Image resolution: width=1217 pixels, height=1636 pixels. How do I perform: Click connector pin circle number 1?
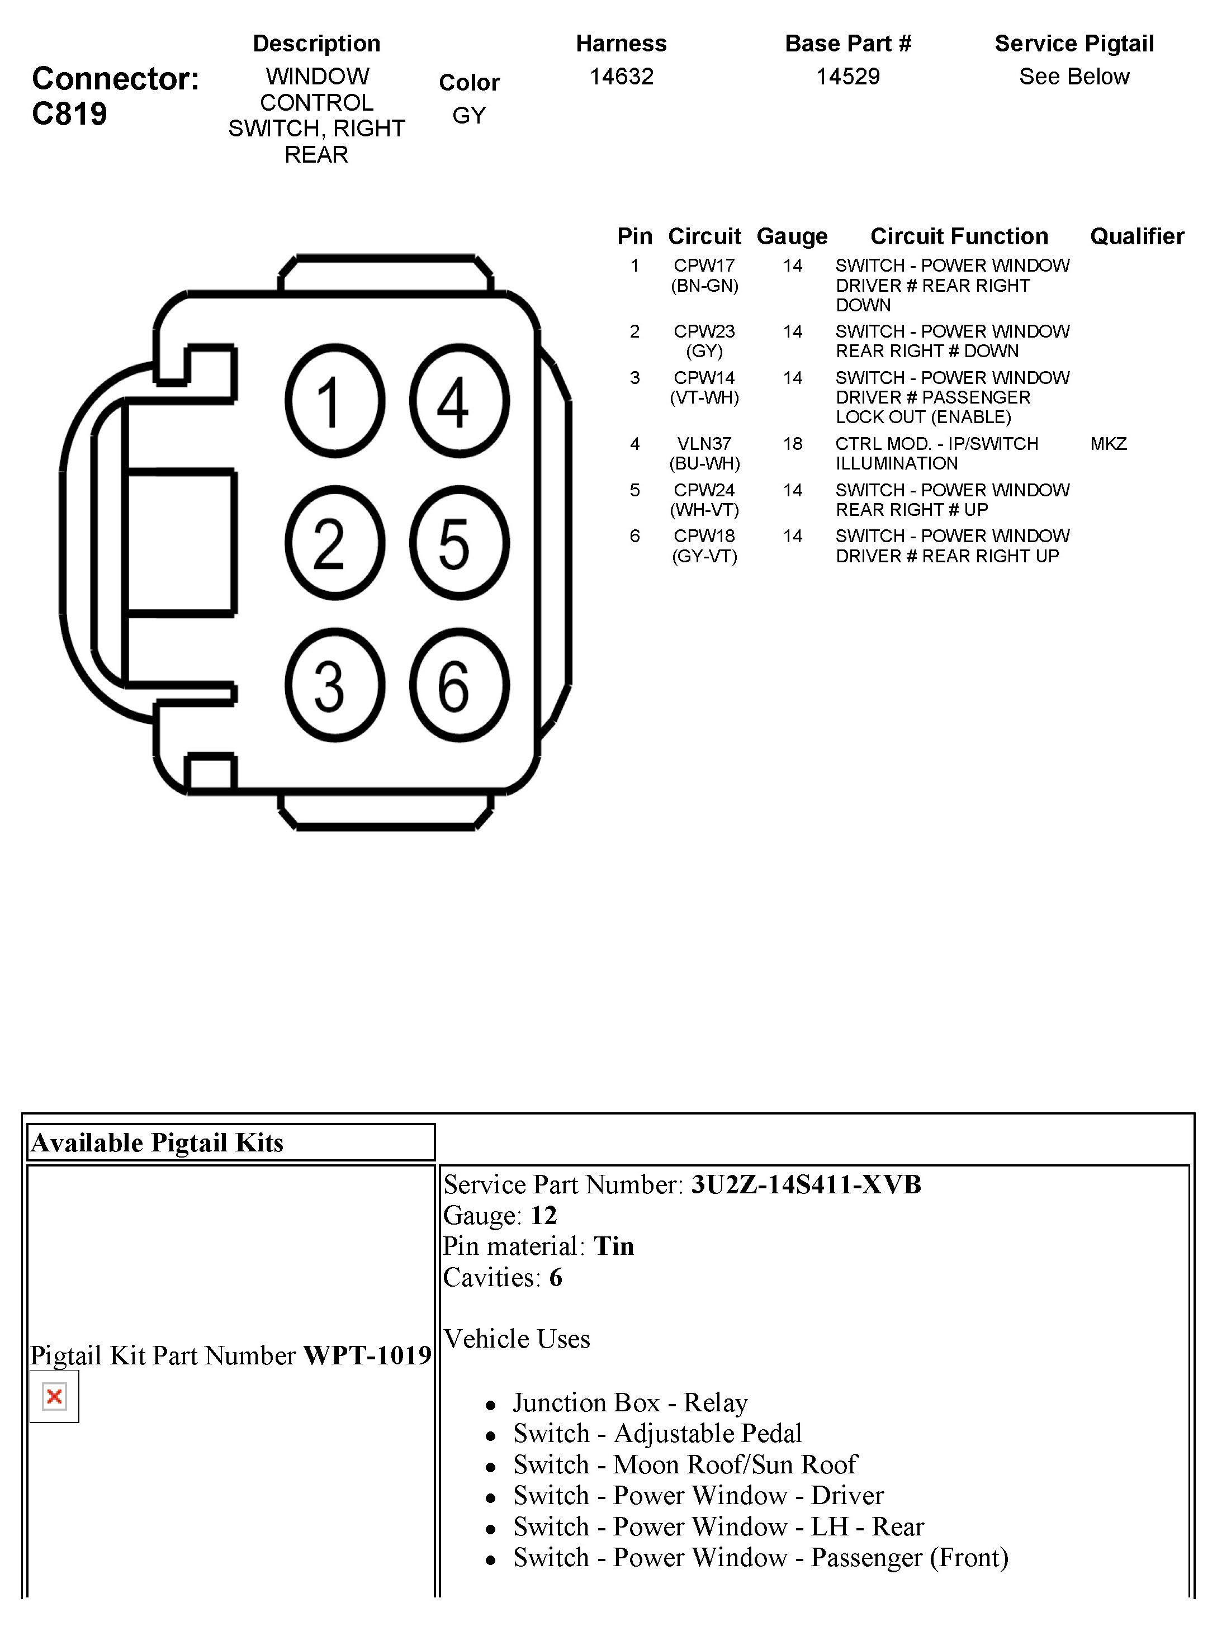click(x=334, y=401)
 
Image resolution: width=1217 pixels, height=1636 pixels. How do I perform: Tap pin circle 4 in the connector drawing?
click(x=459, y=401)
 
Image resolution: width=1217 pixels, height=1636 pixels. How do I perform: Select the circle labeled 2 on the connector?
click(x=334, y=543)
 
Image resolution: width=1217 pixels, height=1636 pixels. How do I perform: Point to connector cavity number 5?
click(x=459, y=543)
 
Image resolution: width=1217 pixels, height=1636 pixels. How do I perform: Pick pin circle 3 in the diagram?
click(x=334, y=685)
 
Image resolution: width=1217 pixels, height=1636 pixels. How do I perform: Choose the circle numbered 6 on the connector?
click(x=459, y=685)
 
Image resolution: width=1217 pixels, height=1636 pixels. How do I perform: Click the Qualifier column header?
click(x=1137, y=236)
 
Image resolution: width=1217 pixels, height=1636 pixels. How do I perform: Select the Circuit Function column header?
click(x=958, y=236)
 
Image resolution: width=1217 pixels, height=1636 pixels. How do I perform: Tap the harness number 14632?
click(x=621, y=76)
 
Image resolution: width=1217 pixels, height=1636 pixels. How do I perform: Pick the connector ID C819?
click(x=69, y=113)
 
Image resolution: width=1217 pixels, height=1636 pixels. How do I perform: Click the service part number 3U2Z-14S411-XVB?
click(x=805, y=1184)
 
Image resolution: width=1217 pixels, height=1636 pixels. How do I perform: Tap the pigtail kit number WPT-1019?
click(x=367, y=1355)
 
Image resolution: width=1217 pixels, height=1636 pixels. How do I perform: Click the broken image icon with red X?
click(x=54, y=1396)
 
